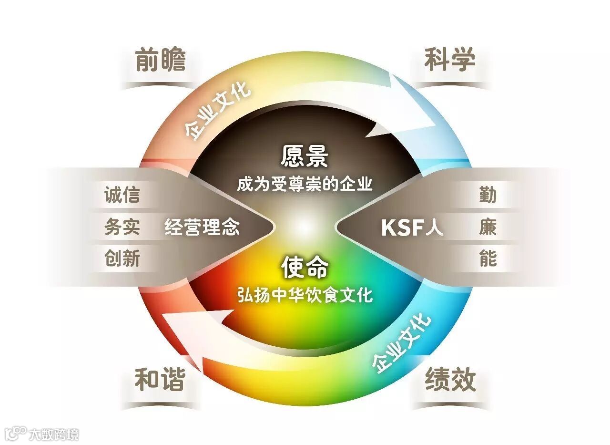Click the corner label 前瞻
click(160, 60)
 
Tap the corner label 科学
click(450, 60)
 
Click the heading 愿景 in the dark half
click(305, 155)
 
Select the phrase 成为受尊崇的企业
click(305, 184)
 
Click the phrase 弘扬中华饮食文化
click(305, 295)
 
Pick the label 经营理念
click(202, 228)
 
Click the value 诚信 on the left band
click(122, 196)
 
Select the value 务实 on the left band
click(122, 228)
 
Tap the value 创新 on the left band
click(122, 259)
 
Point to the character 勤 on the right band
click(488, 196)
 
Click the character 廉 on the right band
click(488, 228)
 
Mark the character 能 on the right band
click(488, 259)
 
